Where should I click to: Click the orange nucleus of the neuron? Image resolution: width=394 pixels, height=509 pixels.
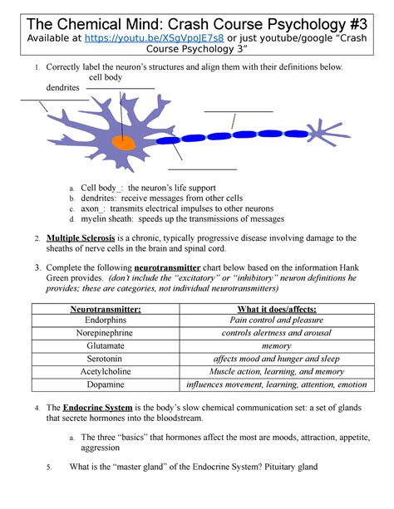pos(125,143)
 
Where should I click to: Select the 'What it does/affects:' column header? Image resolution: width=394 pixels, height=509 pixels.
pos(287,310)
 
